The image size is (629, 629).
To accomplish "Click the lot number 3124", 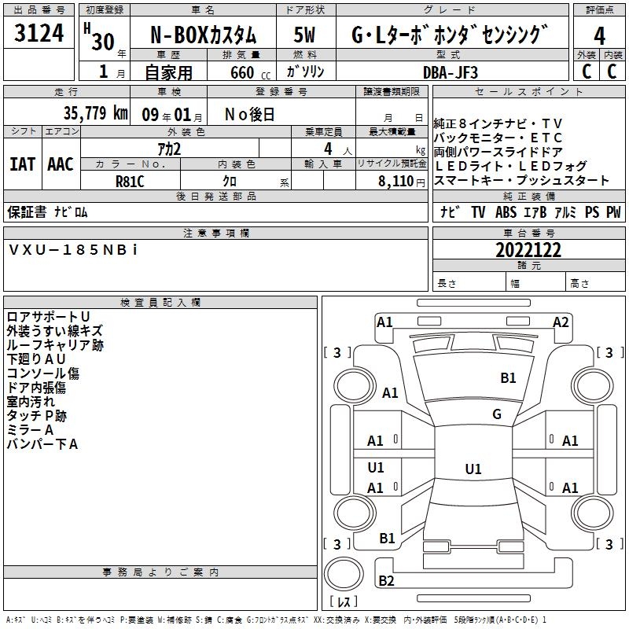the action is click(x=39, y=33).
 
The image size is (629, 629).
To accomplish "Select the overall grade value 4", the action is click(x=599, y=36).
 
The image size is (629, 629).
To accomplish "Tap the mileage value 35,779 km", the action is click(x=95, y=112).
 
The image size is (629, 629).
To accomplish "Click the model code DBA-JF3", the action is click(x=451, y=72).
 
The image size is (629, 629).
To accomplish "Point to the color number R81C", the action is click(x=130, y=182).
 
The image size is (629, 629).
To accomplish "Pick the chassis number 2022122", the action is click(x=528, y=250).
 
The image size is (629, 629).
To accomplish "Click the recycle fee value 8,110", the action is click(x=395, y=182).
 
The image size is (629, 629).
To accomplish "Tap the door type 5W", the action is click(x=304, y=35).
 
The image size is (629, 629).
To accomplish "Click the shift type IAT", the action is click(x=22, y=164).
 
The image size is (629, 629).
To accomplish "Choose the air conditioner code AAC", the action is click(x=61, y=164).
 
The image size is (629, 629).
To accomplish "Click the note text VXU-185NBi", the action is click(x=73, y=250).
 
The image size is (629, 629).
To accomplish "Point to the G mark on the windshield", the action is click(x=497, y=414).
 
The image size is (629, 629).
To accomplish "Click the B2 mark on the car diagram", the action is click(x=386, y=580).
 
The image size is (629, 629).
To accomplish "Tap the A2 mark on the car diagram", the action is click(x=561, y=322).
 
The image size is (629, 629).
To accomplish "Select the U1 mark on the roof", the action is click(x=473, y=469).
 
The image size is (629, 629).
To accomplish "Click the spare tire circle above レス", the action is click(x=344, y=574).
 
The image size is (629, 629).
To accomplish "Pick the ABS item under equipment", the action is click(x=506, y=212).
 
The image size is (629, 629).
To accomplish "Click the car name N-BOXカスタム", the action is click(x=203, y=35).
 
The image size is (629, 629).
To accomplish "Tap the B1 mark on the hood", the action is click(x=508, y=377).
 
